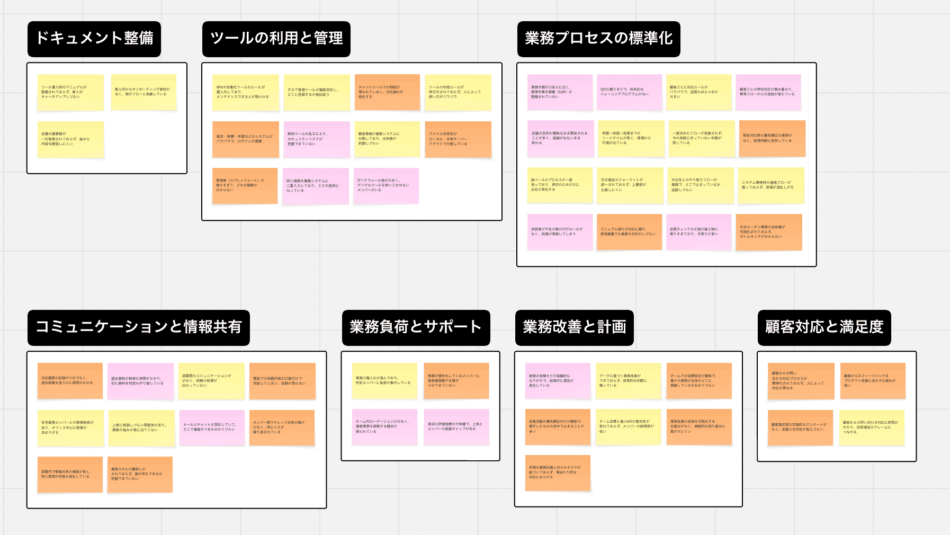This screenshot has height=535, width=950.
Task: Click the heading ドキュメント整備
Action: click(x=94, y=39)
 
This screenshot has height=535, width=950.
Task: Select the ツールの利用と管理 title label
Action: click(x=276, y=39)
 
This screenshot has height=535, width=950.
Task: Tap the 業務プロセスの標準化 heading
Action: click(x=598, y=39)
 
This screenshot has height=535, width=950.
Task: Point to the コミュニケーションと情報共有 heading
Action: click(x=138, y=327)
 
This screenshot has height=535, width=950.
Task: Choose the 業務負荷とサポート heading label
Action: click(x=416, y=327)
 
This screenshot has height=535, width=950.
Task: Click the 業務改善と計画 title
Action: click(x=574, y=327)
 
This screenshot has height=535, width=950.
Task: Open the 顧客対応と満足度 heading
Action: click(x=824, y=327)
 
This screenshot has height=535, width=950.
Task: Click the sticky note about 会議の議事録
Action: click(x=70, y=139)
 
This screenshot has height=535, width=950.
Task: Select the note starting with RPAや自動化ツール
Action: click(x=246, y=93)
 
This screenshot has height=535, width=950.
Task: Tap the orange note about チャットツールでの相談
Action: click(x=387, y=92)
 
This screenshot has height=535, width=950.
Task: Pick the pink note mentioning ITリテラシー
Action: click(x=386, y=186)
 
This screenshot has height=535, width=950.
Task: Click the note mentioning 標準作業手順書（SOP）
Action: click(x=560, y=92)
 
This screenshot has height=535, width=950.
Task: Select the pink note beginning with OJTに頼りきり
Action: click(x=630, y=92)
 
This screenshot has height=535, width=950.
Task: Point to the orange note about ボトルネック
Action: click(x=769, y=232)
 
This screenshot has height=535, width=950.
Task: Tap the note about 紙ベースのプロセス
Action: click(x=560, y=185)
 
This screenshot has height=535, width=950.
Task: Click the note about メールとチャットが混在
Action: click(x=212, y=427)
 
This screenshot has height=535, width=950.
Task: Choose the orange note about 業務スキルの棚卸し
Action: click(x=140, y=475)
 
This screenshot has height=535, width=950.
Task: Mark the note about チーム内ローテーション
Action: click(x=384, y=427)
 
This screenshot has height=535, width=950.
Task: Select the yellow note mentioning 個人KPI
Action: click(x=629, y=427)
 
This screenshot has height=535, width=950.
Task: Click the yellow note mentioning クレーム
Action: click(x=872, y=427)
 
